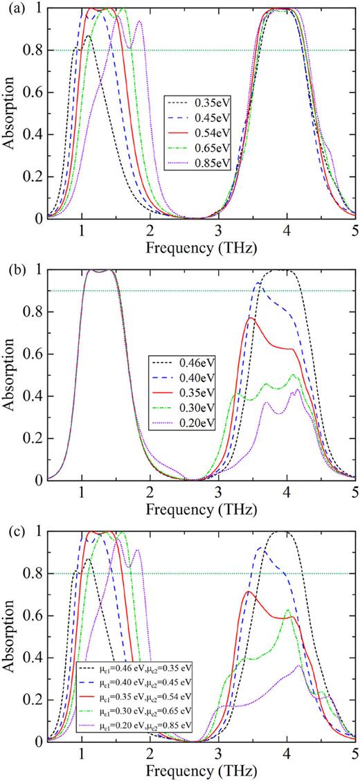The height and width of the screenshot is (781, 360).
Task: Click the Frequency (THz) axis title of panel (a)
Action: pyautogui.click(x=201, y=247)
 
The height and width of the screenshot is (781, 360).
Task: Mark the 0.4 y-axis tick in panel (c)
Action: pyautogui.click(x=35, y=657)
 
